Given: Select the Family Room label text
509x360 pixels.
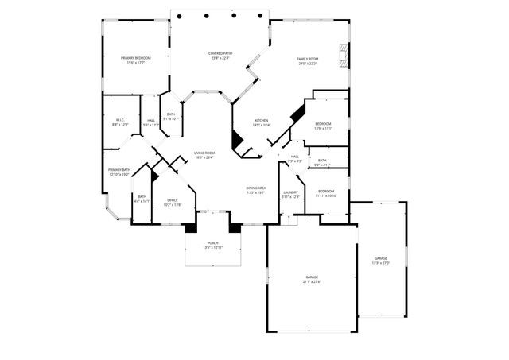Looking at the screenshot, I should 308,60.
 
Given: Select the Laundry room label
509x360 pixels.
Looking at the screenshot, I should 290,194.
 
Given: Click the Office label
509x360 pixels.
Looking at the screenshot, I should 173,203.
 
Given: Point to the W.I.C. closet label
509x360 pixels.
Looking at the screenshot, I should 120,122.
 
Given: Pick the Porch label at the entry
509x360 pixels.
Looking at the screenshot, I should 212,245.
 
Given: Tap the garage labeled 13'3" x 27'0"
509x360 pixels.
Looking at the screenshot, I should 381,261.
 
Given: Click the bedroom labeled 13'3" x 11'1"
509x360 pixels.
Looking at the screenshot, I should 323,126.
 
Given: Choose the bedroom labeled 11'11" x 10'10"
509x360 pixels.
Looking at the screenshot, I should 327,193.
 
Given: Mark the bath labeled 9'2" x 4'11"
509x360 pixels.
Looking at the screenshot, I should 322,162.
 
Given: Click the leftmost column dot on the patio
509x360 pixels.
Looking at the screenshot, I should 180,15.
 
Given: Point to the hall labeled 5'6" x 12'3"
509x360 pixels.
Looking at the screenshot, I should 151,122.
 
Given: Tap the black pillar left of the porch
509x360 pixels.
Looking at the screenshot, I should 191,228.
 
